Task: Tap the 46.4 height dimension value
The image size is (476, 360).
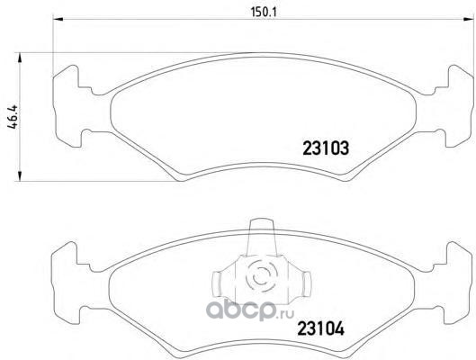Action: click(x=13, y=118)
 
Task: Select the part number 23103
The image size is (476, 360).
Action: click(x=326, y=148)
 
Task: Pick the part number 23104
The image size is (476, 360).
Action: click(x=321, y=328)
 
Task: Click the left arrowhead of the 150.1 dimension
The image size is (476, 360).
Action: click(x=58, y=20)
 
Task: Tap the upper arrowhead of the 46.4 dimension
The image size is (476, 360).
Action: click(x=20, y=58)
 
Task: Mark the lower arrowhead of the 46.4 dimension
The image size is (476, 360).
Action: click(x=20, y=176)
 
